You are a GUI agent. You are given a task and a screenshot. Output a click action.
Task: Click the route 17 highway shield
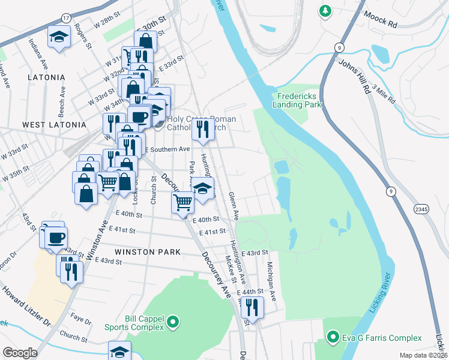65,19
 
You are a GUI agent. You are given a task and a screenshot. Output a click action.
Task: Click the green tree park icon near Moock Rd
325,11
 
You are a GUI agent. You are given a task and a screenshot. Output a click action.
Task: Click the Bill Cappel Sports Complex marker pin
173,323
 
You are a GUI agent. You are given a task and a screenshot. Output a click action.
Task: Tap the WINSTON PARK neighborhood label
148,251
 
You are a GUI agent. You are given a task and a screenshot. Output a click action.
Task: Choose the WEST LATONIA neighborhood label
50,124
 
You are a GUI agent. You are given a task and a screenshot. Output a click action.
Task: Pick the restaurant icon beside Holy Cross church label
203,127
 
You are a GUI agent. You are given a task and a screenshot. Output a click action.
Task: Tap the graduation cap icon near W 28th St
59,37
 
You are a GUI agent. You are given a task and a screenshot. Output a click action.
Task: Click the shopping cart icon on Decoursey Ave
182,202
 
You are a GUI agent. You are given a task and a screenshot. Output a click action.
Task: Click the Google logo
20,353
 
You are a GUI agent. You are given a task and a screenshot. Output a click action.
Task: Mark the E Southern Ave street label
166,149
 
